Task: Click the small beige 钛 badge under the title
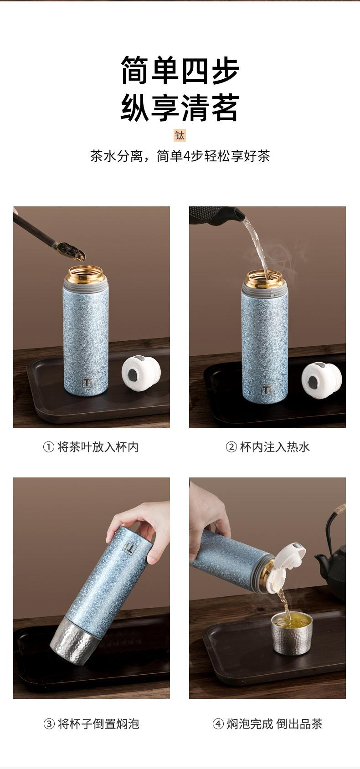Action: [x=180, y=135]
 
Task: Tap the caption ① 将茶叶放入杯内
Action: [x=91, y=447]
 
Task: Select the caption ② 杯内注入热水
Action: [x=267, y=447]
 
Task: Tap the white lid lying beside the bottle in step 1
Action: [x=141, y=374]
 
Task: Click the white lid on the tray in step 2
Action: [x=322, y=381]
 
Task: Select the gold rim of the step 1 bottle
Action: [x=86, y=273]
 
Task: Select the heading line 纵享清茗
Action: [x=180, y=108]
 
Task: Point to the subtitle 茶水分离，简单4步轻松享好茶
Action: [x=180, y=156]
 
